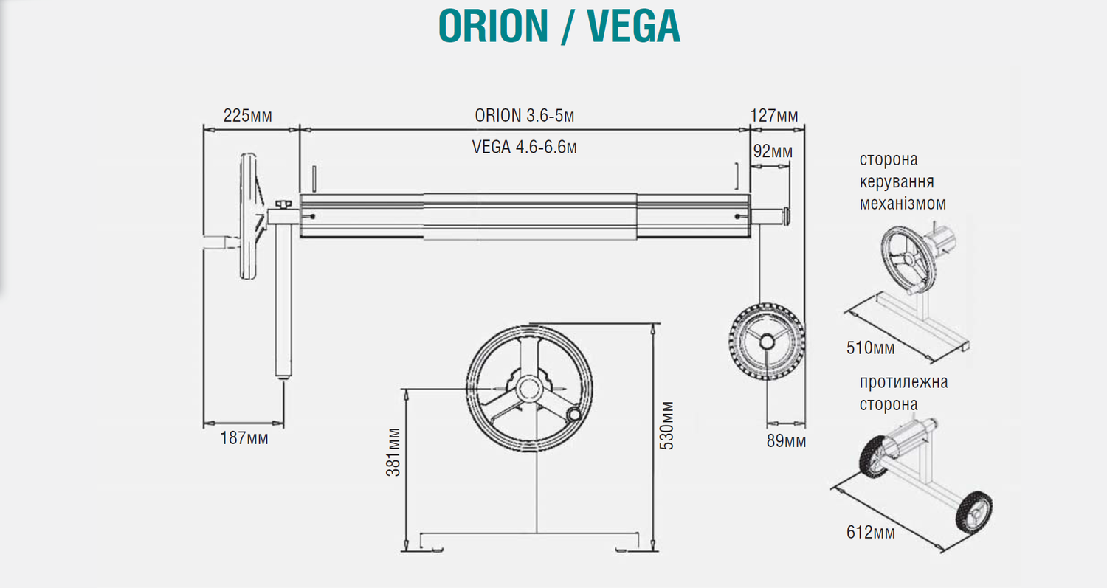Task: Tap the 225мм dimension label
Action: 247,115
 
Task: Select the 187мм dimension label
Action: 244,438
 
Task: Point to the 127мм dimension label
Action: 774,115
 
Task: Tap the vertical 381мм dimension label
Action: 393,452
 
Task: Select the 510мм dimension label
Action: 870,347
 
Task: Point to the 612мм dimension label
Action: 871,532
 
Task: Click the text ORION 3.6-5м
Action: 524,116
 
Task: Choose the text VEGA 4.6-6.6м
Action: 524,147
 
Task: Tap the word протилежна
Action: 903,382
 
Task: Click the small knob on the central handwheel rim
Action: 574,415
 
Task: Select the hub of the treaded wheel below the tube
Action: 768,341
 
